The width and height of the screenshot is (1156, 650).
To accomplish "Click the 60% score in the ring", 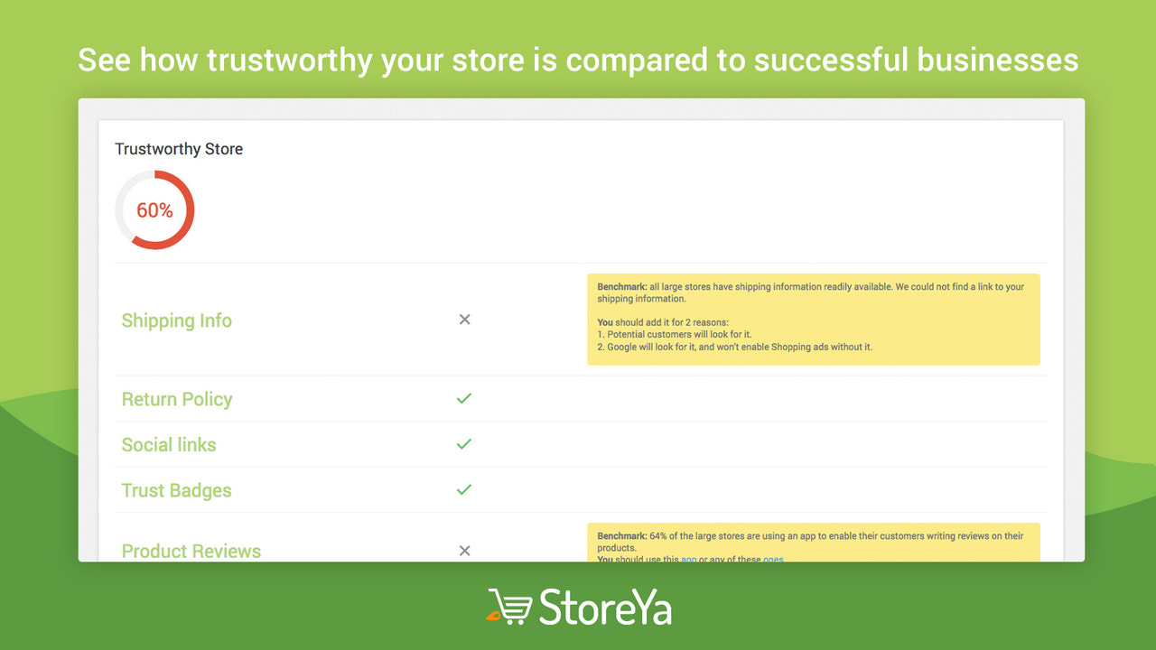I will pos(154,210).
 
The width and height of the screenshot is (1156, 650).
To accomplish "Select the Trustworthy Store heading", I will pos(179,149).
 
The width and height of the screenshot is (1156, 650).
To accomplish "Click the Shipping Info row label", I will pos(177,320).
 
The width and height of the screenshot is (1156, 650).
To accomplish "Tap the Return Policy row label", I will pos(177,399).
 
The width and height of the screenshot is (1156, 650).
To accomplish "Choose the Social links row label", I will pos(169,444).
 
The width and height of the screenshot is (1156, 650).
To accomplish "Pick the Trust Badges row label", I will pos(177,490).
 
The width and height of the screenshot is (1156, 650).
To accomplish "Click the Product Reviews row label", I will pos(191,551).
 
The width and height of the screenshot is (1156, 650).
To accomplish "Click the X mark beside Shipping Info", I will pos(464,320).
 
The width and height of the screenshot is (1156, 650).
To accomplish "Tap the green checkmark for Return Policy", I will pos(464,398).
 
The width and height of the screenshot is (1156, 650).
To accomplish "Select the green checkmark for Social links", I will pos(464,444).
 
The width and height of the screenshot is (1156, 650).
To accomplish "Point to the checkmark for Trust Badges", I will pos(464,489).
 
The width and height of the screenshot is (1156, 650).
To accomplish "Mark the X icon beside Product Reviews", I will pos(464,551).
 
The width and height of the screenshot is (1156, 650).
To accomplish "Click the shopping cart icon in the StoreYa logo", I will pos(508,607).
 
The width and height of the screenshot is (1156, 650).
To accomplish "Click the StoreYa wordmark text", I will pos(605,607).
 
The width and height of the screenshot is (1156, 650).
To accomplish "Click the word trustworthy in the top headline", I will pos(289,60).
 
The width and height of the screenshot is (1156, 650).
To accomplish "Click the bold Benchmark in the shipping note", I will pos(621,287).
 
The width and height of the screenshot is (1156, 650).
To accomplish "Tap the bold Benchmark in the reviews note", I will pos(621,536).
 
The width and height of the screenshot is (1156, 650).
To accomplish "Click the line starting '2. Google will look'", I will pos(734,347).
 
